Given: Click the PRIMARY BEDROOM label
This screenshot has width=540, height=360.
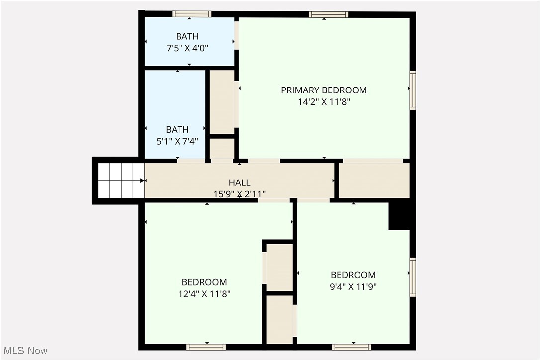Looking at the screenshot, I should (324, 90).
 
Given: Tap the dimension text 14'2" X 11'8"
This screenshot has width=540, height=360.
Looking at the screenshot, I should (324, 102).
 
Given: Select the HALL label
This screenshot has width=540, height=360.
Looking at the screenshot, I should (239, 182).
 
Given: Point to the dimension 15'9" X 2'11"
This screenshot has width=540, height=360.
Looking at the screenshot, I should (239, 194).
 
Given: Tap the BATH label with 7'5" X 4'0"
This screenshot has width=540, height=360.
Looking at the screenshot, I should (187, 36).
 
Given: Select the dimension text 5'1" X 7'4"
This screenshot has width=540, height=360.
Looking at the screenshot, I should (178, 141).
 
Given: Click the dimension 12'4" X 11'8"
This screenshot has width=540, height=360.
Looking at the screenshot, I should (204, 294).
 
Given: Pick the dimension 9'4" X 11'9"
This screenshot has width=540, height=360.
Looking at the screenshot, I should (354, 286).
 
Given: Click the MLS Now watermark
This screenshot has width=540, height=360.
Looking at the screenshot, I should (24, 351).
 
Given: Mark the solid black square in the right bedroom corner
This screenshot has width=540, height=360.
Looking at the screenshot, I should (399, 216).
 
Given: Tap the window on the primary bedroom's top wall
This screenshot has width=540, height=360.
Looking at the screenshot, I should (328, 14).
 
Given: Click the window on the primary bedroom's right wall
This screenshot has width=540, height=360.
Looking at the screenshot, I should (413, 90).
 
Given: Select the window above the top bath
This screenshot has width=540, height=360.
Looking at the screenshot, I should (191, 14).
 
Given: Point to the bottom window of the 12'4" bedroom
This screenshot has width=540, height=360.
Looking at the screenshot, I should (206, 347).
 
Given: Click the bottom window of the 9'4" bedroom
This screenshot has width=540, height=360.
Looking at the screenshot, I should (352, 347).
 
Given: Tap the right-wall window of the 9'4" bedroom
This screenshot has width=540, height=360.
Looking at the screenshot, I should (413, 277).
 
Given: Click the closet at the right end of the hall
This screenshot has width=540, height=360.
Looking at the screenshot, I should (374, 180).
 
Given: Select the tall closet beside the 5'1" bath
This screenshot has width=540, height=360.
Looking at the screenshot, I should (221, 101).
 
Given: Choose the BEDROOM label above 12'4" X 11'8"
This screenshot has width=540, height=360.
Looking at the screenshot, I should (204, 282).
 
